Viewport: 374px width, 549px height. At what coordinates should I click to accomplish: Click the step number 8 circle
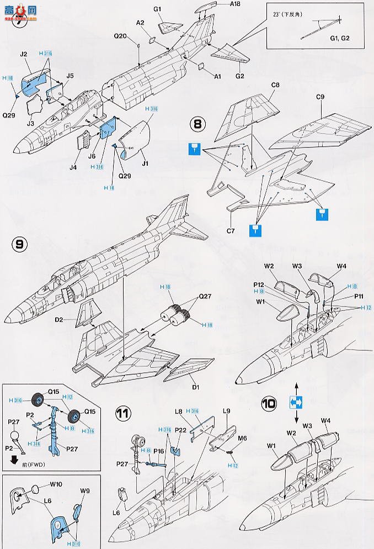(x=197, y=124)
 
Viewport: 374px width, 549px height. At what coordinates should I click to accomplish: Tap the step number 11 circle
(x=124, y=413)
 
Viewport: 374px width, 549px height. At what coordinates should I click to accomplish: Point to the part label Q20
(x=121, y=36)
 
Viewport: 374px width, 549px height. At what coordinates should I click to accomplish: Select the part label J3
(x=31, y=124)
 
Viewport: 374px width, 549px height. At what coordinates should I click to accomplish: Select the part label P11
(x=358, y=296)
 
